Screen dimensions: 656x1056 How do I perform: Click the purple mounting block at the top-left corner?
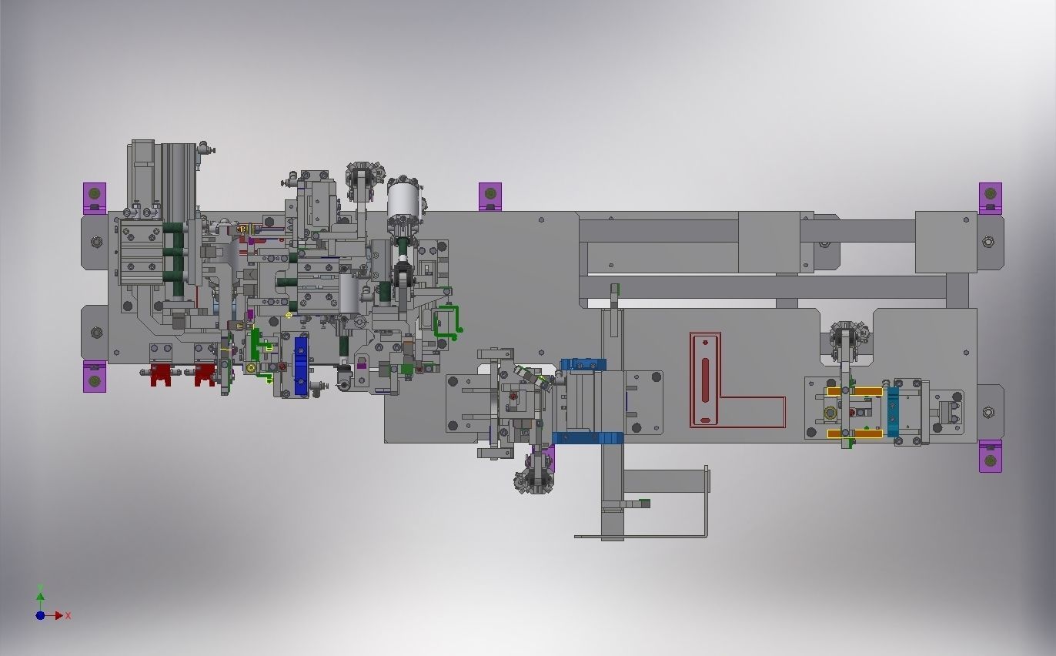(x=95, y=197)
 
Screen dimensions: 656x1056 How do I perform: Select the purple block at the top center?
(x=490, y=196)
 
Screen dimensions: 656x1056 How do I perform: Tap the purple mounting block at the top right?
(x=990, y=197)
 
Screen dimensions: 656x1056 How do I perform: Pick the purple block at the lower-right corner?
(x=990, y=456)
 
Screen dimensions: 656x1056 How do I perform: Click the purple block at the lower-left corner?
(x=95, y=377)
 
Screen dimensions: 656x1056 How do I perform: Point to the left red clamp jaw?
(x=160, y=376)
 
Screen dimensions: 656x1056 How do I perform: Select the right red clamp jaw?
(x=204, y=376)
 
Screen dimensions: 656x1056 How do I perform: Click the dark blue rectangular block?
(x=301, y=366)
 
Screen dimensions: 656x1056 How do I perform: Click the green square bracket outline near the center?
(x=446, y=321)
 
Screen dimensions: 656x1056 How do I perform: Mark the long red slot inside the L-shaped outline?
(x=705, y=379)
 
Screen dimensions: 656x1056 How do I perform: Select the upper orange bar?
(x=854, y=392)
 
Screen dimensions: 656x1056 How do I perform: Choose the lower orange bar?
(x=854, y=434)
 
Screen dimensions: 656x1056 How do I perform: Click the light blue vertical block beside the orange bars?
(x=893, y=411)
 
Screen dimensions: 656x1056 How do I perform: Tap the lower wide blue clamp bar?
(x=587, y=438)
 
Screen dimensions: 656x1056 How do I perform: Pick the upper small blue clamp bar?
(x=583, y=364)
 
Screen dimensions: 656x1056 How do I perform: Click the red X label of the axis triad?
(x=69, y=616)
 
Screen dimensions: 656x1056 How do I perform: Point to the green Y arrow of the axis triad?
(x=40, y=594)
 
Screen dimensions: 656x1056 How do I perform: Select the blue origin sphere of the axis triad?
(x=40, y=616)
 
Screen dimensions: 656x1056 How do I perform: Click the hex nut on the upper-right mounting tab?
(x=989, y=243)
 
